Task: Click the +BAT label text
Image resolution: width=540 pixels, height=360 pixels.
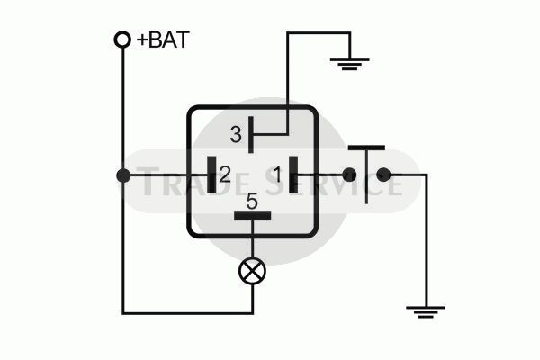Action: [163, 40]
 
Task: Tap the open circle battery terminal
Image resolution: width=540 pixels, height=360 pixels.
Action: [122, 40]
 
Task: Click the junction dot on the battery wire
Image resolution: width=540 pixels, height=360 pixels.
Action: [123, 175]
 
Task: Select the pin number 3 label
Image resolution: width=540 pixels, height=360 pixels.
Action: [236, 135]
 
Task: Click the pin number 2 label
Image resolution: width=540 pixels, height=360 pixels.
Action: [224, 175]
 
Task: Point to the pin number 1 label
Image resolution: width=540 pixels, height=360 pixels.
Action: [277, 175]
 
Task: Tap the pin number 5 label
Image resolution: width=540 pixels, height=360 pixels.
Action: [252, 202]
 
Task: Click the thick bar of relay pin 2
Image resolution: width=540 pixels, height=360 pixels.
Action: [211, 175]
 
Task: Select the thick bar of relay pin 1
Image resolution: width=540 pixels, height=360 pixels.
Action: [293, 175]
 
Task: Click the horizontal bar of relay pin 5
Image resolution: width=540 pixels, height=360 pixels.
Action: [252, 216]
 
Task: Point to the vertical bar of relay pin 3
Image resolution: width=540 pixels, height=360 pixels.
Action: [251, 135]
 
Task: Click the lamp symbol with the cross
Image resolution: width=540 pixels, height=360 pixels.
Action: [252, 272]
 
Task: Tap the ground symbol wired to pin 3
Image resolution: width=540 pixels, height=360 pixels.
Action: [350, 65]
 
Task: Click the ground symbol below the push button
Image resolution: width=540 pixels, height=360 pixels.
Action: [426, 311]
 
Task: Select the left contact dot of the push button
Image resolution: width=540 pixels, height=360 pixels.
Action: [349, 175]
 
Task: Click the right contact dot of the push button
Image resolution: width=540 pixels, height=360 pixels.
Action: [383, 175]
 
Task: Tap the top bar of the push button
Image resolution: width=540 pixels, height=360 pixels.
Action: [366, 148]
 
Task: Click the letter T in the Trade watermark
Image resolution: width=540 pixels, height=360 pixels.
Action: [148, 181]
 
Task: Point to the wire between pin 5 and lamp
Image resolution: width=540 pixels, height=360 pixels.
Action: [252, 239]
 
